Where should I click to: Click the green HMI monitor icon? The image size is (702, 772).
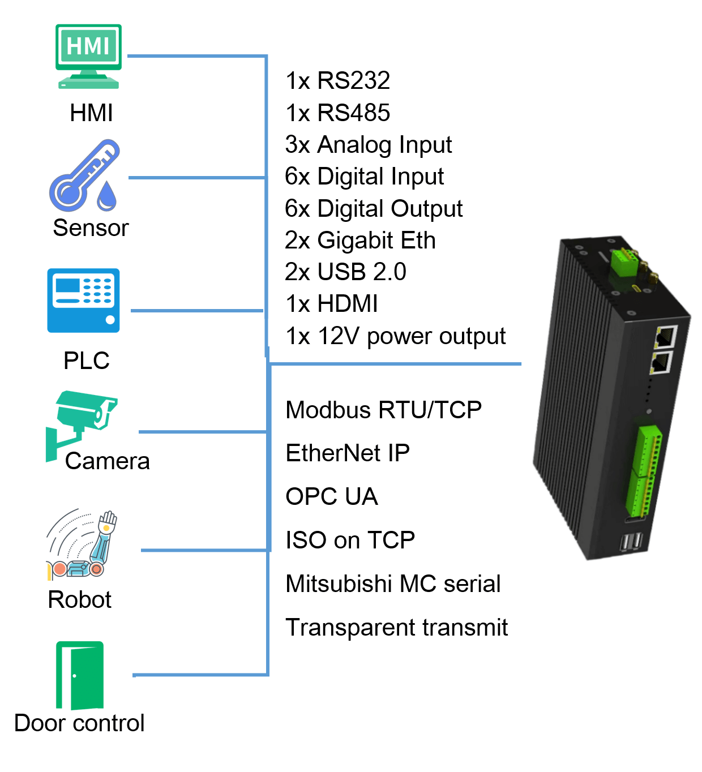tap(88, 55)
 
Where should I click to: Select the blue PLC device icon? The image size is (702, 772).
tap(83, 300)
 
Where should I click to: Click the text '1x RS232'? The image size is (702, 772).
tap(337, 81)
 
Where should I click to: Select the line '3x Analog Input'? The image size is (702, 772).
tap(368, 145)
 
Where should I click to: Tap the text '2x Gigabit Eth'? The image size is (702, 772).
tap(360, 241)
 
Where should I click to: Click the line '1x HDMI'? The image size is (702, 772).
tap(332, 304)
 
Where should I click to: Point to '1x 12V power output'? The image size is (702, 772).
tap(395, 336)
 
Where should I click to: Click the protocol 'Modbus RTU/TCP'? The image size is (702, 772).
tap(383, 410)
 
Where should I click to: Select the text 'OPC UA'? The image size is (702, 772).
tap(331, 497)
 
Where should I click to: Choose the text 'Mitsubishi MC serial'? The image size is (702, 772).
tap(393, 584)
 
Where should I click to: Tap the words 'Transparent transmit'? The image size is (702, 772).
tap(396, 628)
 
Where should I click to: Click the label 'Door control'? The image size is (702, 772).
tap(79, 723)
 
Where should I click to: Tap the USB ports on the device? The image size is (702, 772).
tap(632, 542)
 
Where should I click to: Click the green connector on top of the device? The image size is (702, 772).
tap(623, 261)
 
